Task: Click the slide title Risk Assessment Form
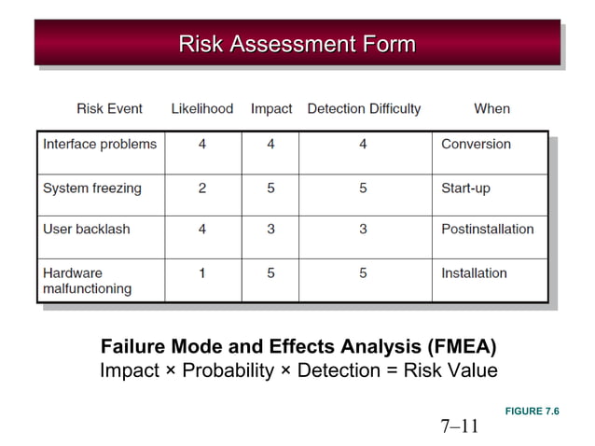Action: point(297,43)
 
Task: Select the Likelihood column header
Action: point(202,108)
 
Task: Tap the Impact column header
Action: point(271,108)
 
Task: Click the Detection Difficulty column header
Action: point(364,108)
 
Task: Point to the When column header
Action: point(491,108)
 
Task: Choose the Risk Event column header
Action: point(109,108)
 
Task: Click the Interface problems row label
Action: point(100,145)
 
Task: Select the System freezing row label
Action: point(92,188)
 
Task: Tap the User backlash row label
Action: point(87,230)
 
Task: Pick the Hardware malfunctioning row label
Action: point(87,281)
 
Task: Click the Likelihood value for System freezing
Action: point(202,188)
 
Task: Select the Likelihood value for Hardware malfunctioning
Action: point(202,273)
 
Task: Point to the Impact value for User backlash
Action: point(270,230)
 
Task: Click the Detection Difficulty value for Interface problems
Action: point(363,145)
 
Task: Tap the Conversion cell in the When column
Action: point(476,145)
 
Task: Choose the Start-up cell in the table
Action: point(465,188)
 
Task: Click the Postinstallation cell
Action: point(487,230)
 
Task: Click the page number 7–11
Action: point(459,426)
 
